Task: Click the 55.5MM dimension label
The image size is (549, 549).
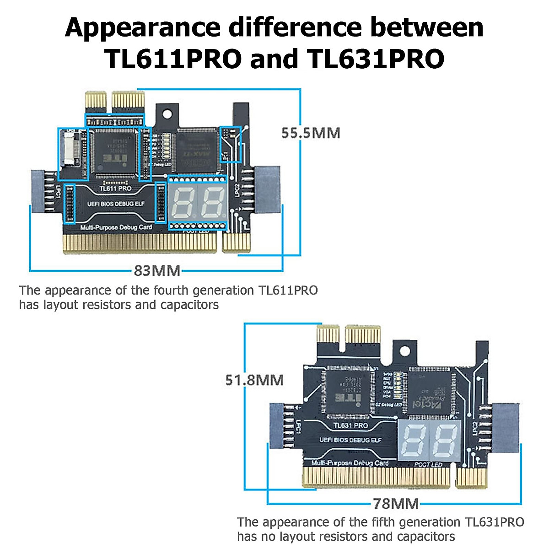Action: point(311,133)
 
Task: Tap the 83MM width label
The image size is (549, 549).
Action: point(157,270)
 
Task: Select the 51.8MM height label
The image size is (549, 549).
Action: point(254,380)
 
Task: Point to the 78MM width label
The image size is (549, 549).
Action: point(396,504)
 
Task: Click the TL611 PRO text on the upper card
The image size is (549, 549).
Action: point(115,188)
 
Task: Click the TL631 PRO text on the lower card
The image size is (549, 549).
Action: point(350,425)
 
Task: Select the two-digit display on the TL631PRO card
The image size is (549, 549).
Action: point(429,441)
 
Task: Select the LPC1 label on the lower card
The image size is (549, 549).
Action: point(297,427)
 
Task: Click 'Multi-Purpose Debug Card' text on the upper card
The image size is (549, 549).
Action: point(116,227)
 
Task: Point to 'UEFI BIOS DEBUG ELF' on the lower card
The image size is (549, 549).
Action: point(350,440)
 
